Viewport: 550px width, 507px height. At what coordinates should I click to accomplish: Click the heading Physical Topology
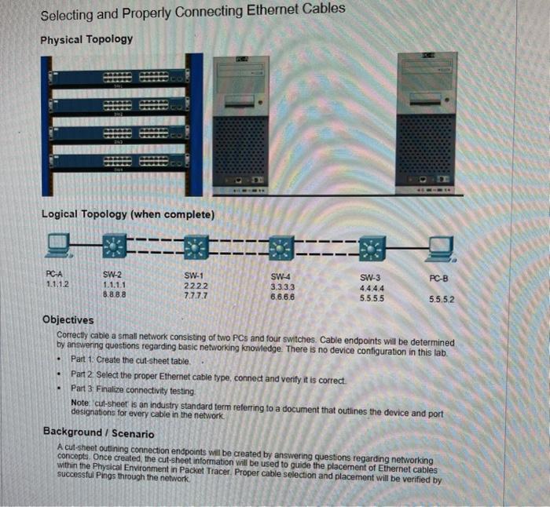click(86, 39)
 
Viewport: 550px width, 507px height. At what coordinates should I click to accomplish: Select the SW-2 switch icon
click(115, 247)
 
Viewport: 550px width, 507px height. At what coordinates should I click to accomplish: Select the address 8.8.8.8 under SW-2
click(115, 295)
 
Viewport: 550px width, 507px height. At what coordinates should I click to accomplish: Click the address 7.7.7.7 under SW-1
click(194, 296)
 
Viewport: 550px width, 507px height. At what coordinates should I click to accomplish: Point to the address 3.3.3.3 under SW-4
click(282, 287)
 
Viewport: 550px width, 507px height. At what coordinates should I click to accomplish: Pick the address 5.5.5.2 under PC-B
click(442, 299)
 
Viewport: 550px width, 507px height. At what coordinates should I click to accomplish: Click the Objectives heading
click(68, 319)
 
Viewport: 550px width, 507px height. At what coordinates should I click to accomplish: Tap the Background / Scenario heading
click(98, 432)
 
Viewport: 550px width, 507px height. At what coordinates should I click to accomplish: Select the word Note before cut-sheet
click(80, 403)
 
